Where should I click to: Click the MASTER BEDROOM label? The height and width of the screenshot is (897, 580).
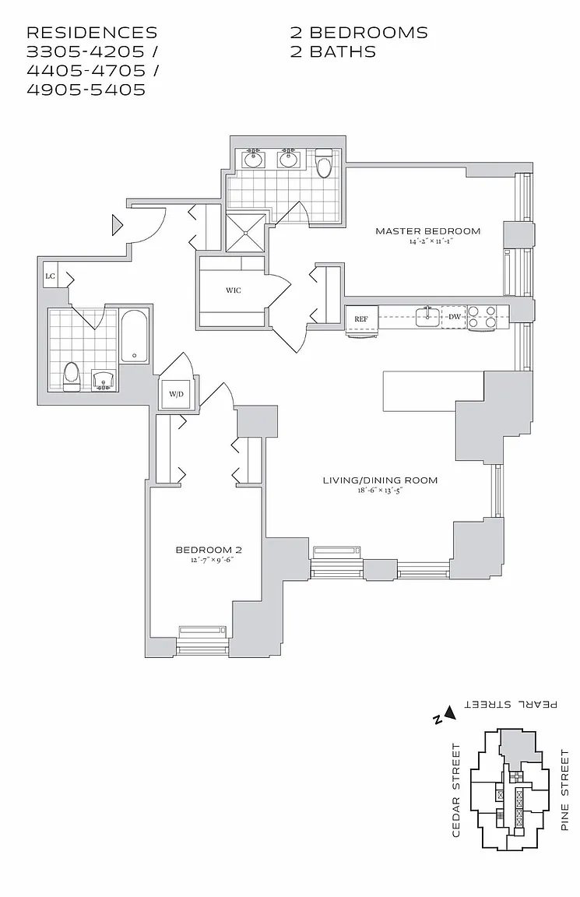427,230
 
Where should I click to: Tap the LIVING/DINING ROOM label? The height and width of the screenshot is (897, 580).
380,480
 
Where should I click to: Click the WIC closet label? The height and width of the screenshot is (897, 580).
233,290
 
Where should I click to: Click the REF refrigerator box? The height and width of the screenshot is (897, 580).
361,319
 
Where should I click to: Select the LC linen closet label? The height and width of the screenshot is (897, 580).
51,276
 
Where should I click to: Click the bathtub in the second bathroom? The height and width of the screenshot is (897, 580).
135,337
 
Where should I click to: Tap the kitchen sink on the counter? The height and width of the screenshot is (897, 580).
425,316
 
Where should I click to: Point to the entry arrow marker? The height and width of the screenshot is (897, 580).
118,226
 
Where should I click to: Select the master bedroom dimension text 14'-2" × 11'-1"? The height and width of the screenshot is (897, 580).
427,242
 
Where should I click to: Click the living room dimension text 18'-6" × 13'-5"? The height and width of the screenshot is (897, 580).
380,491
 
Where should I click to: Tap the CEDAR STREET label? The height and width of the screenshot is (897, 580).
456,790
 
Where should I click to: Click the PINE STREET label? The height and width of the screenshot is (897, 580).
565,790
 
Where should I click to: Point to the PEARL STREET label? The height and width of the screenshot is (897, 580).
511,704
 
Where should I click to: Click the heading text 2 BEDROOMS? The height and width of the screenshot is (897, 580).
359,33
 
